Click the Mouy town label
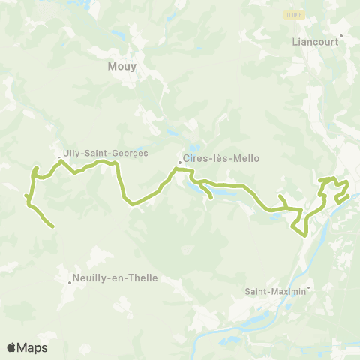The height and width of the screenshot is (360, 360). click(x=123, y=66)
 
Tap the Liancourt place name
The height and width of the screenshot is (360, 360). click(x=314, y=42)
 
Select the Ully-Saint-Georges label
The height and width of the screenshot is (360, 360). click(x=105, y=152)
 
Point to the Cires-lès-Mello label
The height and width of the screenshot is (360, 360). click(x=216, y=160)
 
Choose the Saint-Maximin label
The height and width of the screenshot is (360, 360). click(x=275, y=292)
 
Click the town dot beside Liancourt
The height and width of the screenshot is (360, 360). click(x=341, y=35)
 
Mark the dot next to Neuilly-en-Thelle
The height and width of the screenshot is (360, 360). click(x=69, y=282)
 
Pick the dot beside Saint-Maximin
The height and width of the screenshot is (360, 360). click(x=307, y=286)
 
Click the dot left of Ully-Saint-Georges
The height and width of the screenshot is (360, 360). click(x=59, y=157)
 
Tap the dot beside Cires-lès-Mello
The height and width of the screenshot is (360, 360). click(x=179, y=161)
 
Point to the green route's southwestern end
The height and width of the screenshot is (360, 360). click(x=52, y=226)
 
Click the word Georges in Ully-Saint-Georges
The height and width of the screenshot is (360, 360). click(x=130, y=152)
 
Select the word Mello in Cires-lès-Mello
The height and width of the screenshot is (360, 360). click(x=237, y=160)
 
